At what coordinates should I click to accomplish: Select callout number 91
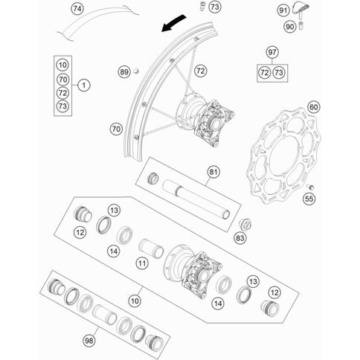(x=283, y=10)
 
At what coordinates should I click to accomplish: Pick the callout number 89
(x=124, y=72)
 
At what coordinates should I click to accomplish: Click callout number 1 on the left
(x=84, y=86)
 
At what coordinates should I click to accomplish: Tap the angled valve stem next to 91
(x=303, y=10)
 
